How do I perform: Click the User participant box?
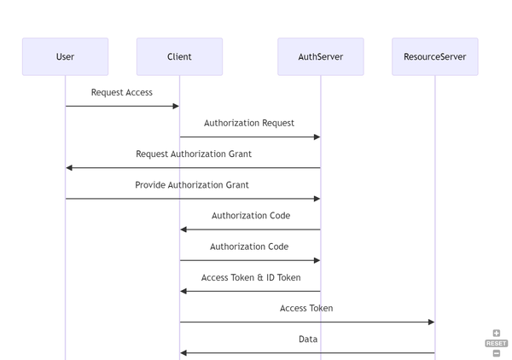click(x=65, y=56)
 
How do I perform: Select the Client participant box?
click(x=179, y=56)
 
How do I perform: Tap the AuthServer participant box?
click(x=320, y=56)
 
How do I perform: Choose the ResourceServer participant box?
click(x=434, y=56)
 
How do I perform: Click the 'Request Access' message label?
click(x=122, y=92)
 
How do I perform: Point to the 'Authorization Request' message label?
click(x=249, y=123)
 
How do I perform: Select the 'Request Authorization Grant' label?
click(x=194, y=154)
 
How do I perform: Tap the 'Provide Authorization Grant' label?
click(x=192, y=184)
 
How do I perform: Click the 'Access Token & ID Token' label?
click(x=251, y=277)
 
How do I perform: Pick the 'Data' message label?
click(x=308, y=339)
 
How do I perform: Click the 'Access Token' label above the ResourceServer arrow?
click(x=306, y=308)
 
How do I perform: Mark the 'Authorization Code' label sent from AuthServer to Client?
click(x=251, y=216)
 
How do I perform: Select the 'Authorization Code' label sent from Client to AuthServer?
click(x=249, y=247)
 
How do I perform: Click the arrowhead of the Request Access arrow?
click(x=176, y=106)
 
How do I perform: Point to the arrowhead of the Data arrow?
click(x=183, y=352)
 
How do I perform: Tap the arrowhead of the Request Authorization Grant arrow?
click(x=70, y=168)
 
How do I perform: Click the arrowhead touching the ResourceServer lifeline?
click(x=431, y=322)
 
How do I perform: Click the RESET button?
click(x=496, y=343)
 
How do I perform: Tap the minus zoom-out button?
click(x=496, y=352)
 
